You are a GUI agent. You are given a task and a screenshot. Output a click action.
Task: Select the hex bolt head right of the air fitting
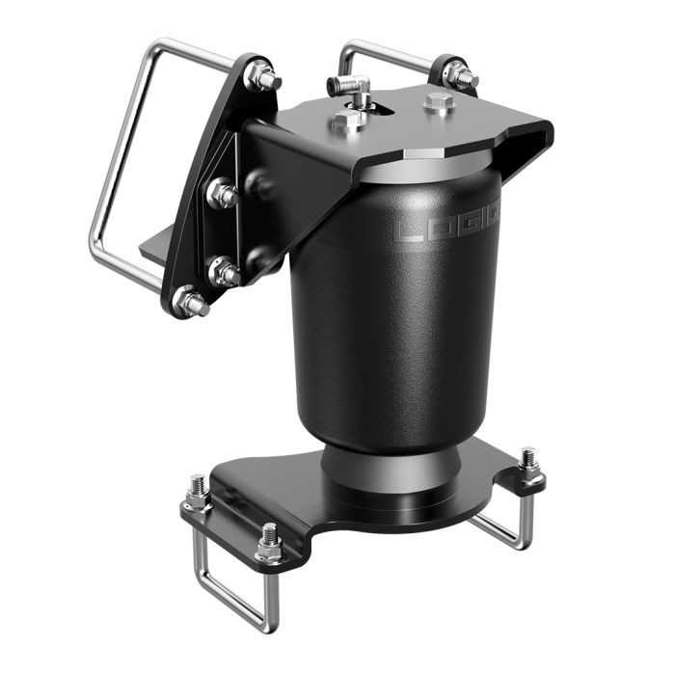pos(440,103)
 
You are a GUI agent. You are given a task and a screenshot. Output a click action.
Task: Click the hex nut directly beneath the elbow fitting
pos(350,121)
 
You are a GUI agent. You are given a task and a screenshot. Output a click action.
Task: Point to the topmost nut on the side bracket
pos(262,78)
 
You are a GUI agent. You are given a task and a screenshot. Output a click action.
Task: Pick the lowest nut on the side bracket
pos(189,303)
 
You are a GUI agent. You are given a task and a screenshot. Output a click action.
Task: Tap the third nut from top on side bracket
pos(225,273)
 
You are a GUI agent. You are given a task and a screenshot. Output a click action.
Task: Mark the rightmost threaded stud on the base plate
pos(528,463)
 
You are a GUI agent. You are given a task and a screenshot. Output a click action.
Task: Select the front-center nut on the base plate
pos(269,547)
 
